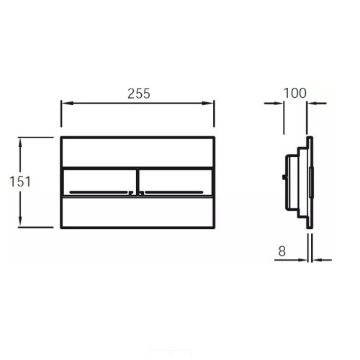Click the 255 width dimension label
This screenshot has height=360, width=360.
pyautogui.click(x=139, y=94)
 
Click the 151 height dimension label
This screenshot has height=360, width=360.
pyautogui.click(x=20, y=181)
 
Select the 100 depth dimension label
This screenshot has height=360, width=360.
pyautogui.click(x=295, y=93)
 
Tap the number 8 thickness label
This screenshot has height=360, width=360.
pyautogui.click(x=282, y=251)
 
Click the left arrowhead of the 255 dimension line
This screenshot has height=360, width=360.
pyautogui.click(x=68, y=103)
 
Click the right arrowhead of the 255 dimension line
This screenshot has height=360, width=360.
pyautogui.click(x=207, y=103)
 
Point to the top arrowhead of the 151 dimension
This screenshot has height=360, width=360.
pyautogui.click(x=20, y=143)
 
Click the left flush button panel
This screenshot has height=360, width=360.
pyautogui.click(x=99, y=182)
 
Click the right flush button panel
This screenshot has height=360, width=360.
pyautogui.click(x=176, y=182)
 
